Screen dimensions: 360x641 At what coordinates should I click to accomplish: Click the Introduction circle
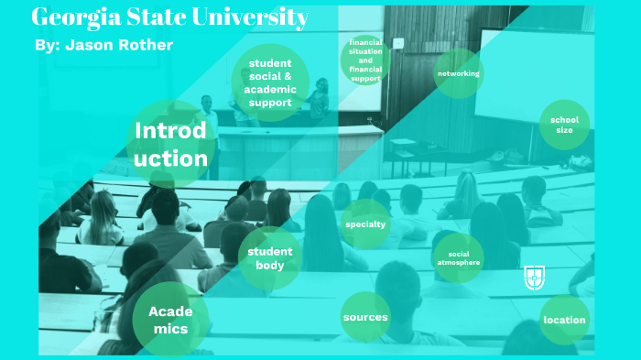[171, 144]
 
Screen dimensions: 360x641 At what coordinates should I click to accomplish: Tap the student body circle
[269, 258]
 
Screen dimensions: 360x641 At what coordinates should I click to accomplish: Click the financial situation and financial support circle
[365, 60]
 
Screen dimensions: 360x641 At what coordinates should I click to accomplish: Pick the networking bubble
[458, 73]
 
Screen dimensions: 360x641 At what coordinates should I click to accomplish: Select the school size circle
[564, 125]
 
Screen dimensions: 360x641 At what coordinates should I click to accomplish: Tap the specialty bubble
[365, 224]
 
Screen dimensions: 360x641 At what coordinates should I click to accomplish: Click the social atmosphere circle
[458, 257]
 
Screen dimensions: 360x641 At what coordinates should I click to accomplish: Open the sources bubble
[365, 317]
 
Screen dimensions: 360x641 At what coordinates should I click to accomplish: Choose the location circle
[564, 320]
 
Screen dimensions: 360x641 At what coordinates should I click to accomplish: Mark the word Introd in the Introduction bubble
[171, 131]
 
